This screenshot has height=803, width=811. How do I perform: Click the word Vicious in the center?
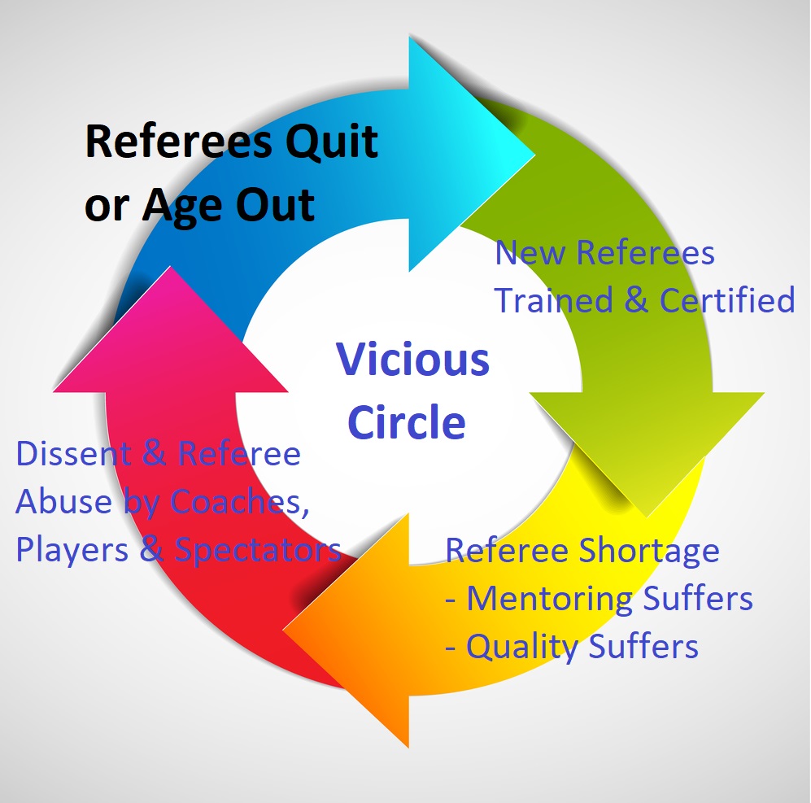413,360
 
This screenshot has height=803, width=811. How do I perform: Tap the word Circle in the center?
407,422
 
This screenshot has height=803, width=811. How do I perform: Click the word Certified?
727,300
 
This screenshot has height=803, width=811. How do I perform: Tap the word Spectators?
258,550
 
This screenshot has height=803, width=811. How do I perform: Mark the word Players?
72,550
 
